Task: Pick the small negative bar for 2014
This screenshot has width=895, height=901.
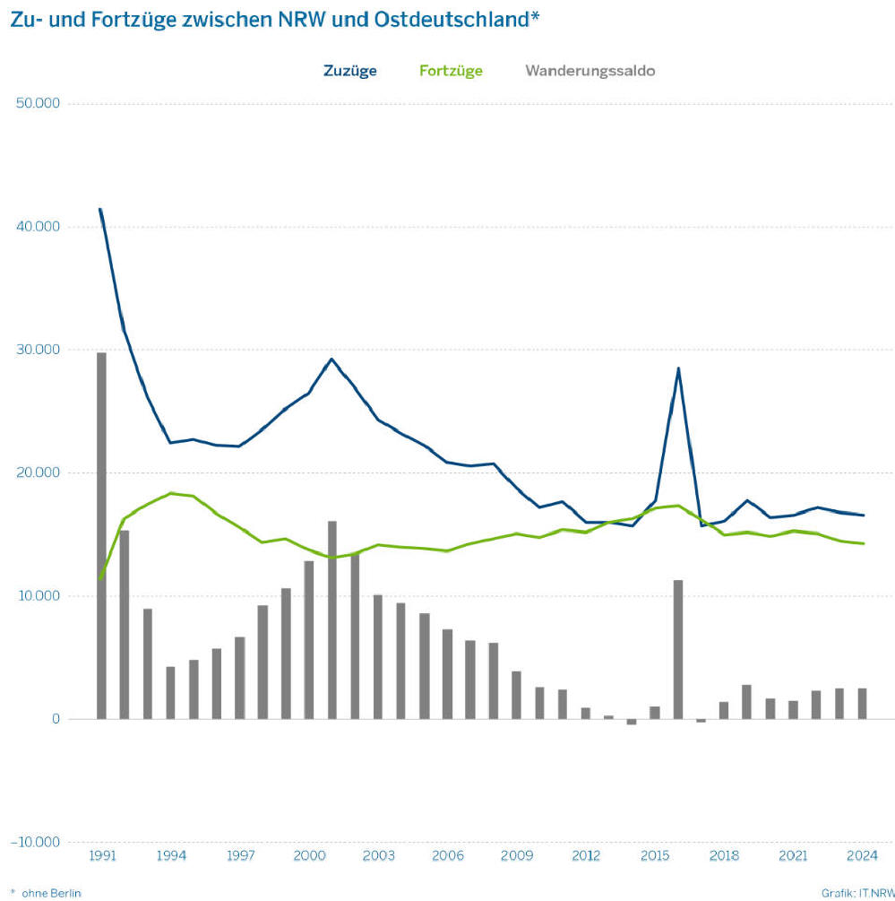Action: tap(632, 722)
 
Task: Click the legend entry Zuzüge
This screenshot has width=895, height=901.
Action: tap(350, 71)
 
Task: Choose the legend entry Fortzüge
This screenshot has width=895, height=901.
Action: tap(451, 71)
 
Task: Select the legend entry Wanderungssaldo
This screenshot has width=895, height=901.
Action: tap(589, 71)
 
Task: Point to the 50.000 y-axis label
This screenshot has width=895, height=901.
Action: tap(39, 103)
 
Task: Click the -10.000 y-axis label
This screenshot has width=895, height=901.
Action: tap(36, 842)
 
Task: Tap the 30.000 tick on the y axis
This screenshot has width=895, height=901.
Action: tap(39, 350)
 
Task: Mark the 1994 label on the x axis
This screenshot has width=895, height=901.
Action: tap(170, 855)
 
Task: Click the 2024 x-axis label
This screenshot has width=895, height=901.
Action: tap(862, 855)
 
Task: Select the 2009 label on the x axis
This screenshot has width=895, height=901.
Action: tap(517, 855)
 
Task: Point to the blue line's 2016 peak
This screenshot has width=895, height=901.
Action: tap(678, 368)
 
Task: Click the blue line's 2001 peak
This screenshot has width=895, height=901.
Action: tap(331, 360)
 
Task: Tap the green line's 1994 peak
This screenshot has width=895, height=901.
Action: tap(170, 493)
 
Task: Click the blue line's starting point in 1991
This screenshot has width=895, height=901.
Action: tap(100, 210)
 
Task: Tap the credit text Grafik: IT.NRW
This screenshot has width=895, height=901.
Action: tap(856, 892)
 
